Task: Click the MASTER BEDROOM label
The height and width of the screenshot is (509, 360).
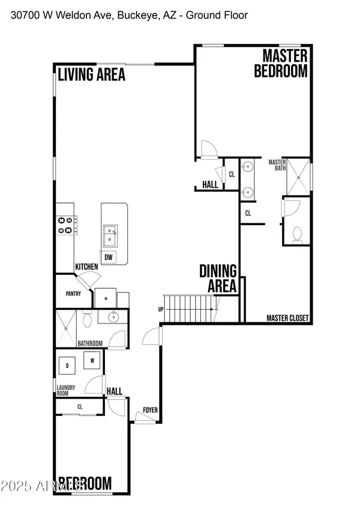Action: [x=281, y=64]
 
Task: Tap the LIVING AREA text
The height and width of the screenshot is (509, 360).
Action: [x=91, y=74]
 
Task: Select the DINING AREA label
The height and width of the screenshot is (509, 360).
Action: [x=218, y=279]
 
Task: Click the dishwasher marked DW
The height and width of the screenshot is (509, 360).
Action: [x=109, y=258]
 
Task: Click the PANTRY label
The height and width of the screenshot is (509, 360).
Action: [x=73, y=295]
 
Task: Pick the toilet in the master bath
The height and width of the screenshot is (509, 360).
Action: [x=296, y=234]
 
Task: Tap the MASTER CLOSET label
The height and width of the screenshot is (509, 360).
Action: [x=288, y=318]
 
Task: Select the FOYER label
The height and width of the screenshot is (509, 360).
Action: [x=150, y=411]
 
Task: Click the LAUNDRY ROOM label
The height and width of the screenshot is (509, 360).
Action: [x=66, y=391]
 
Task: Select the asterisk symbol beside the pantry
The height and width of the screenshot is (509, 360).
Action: [x=106, y=298]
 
